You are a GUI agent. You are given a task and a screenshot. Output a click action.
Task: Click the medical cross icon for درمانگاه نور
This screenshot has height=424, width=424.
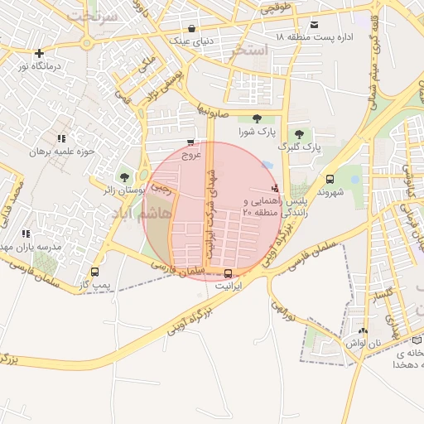tap(39, 53)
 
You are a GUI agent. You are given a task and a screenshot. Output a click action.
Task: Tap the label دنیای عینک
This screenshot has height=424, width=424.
tap(191, 39)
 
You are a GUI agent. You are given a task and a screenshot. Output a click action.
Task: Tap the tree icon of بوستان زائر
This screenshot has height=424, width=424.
tap(124, 176)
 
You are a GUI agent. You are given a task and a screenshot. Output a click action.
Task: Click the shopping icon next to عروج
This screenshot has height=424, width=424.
tap(191, 142)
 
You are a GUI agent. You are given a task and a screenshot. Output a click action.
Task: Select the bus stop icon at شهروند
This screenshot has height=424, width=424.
tap(330, 179)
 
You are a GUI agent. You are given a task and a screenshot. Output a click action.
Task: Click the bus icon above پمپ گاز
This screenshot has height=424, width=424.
tap(94, 272)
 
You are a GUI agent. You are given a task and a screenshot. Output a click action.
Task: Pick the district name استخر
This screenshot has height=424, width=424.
tap(250, 51)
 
